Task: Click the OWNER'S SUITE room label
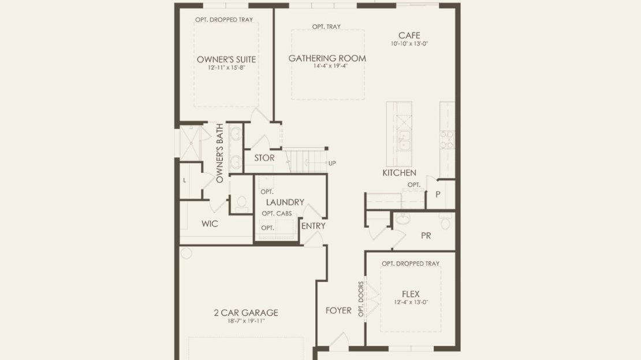click(226, 60)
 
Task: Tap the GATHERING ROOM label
click(327, 58)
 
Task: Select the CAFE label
click(409, 36)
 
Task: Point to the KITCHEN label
click(400, 173)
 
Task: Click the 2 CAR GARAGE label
click(246, 313)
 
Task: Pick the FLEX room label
click(411, 294)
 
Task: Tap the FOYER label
click(338, 310)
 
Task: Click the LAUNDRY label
click(285, 202)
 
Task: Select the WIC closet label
click(210, 224)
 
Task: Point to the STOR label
click(264, 158)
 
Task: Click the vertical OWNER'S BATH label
click(219, 153)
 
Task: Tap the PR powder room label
click(426, 236)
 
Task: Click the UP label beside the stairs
click(332, 163)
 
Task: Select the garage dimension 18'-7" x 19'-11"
click(246, 321)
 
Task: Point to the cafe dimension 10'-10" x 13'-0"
click(409, 43)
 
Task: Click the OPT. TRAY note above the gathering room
click(326, 27)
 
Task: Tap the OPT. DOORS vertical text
click(361, 299)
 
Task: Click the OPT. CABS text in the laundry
click(277, 214)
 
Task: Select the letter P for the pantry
click(438, 194)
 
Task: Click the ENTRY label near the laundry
click(313, 226)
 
